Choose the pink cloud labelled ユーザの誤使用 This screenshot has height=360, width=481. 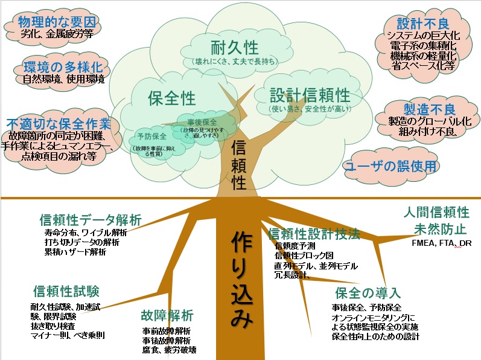[390, 166]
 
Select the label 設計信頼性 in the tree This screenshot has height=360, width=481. [310, 95]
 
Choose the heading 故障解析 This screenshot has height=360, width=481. [167, 315]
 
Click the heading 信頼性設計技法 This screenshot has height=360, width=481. [314, 233]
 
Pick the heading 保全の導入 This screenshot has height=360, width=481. [367, 293]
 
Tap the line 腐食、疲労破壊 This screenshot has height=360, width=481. [170, 350]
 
